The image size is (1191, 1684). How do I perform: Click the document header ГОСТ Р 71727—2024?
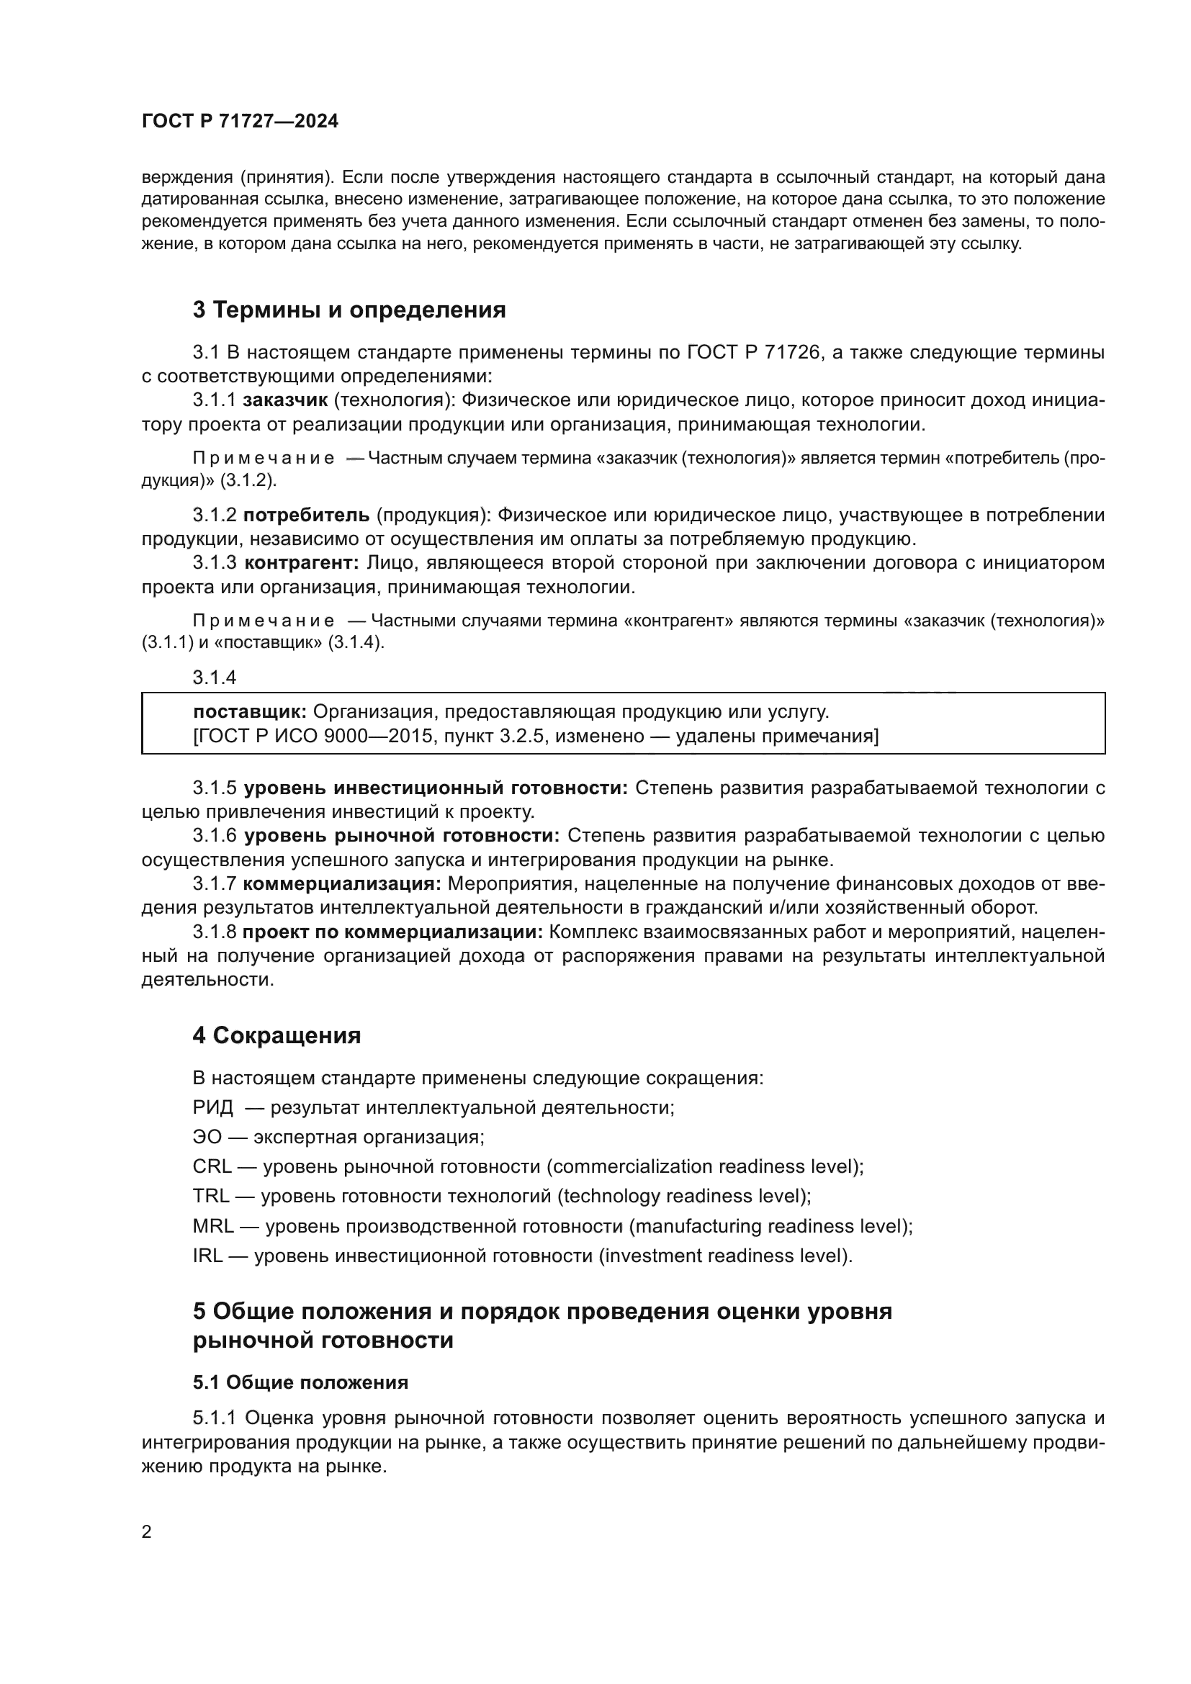240,122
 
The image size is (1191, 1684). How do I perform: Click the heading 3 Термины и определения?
349,310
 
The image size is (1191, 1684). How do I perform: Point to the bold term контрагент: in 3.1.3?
301,563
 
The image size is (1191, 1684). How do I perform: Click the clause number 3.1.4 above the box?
214,677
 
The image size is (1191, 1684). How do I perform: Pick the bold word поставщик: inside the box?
250,711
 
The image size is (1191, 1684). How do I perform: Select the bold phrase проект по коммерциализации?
392,932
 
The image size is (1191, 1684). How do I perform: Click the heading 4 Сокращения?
277,1035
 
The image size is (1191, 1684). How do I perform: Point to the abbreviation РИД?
212,1107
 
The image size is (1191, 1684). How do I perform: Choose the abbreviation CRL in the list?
212,1167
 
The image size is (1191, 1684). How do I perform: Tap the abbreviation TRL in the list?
211,1197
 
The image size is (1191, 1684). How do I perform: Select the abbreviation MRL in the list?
213,1226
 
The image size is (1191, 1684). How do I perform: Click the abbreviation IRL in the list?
207,1256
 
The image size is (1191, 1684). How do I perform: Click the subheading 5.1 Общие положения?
300,1382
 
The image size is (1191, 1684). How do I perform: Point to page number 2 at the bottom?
147,1531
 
